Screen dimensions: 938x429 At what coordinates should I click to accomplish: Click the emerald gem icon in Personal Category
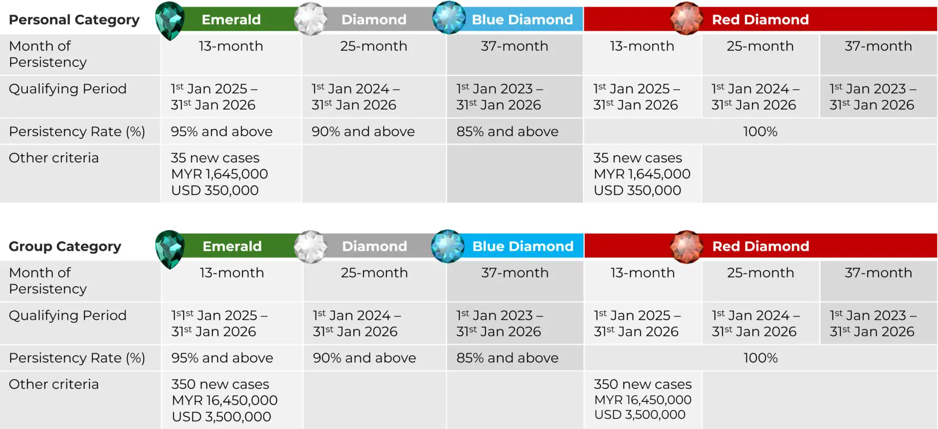pos(170,21)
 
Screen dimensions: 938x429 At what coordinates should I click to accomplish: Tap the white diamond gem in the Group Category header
pos(311,247)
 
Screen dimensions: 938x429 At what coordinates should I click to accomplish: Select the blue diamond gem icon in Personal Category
pos(449,18)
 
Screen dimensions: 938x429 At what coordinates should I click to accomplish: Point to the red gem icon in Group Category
pos(686,247)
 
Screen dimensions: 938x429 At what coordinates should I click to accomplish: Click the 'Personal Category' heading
pos(74,20)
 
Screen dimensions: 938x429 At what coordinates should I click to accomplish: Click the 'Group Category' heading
pos(65,246)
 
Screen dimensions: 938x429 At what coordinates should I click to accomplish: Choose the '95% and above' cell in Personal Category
pos(221,131)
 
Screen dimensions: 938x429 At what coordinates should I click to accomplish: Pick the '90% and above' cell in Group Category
pos(364,358)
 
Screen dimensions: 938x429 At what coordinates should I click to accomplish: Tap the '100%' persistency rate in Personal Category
pos(760,131)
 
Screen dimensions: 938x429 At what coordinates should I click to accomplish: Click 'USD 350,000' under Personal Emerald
pos(215,190)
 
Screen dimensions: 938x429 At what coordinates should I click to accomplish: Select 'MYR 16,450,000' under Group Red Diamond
pos(643,400)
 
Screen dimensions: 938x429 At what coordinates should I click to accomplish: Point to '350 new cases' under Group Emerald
pos(220,384)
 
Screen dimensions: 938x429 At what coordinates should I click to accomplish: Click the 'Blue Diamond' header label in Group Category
pos(523,246)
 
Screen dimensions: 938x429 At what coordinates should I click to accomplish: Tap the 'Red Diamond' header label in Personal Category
pos(760,20)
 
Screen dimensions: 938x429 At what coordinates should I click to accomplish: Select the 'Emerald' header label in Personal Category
pos(231,20)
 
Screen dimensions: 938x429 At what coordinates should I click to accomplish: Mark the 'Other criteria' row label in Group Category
pos(54,384)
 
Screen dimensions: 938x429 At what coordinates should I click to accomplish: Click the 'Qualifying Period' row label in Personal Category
pos(67,89)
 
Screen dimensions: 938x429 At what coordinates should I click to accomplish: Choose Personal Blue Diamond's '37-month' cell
pos(514,46)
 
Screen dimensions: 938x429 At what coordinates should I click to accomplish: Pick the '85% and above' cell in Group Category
pos(507,358)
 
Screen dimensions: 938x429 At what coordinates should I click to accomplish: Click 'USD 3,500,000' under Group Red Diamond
pos(640,414)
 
